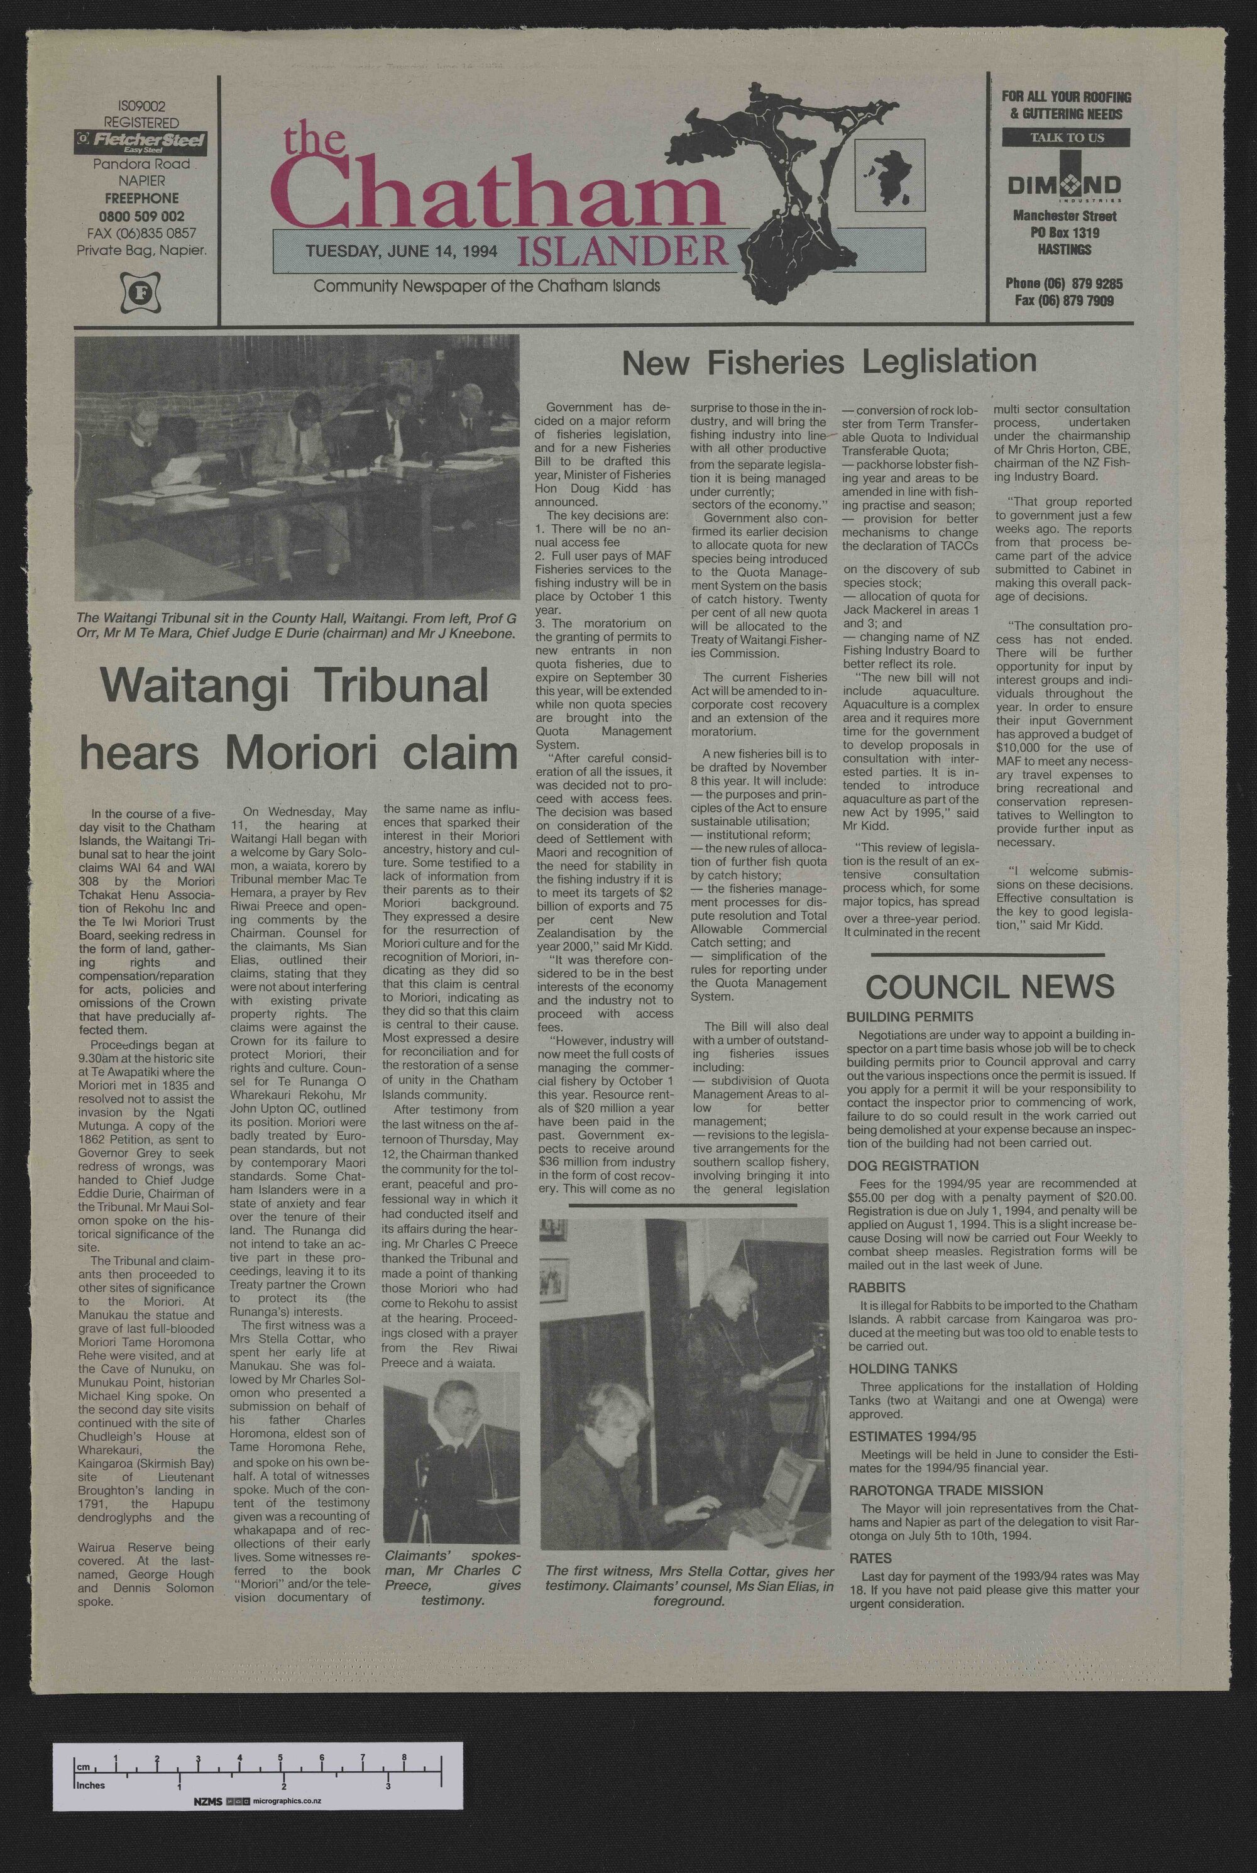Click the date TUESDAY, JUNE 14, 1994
pos(402,251)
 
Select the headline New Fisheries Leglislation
pos(829,362)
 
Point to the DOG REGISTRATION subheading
pos(913,1165)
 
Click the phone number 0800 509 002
pos(141,216)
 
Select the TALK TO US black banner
pos(1065,138)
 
